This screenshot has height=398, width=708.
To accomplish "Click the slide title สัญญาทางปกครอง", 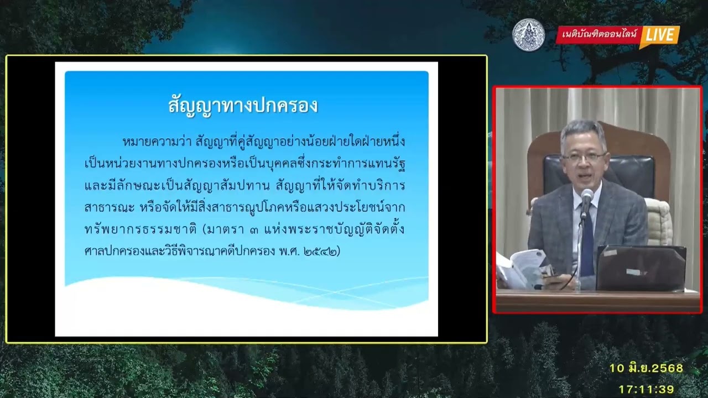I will pos(243,106).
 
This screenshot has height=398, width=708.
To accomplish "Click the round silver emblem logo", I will pos(528,35).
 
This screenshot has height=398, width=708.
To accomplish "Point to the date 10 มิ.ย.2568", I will pos(646,368).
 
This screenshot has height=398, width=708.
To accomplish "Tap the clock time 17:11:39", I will pos(646,389).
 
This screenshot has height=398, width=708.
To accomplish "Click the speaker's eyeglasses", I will pos(584,157).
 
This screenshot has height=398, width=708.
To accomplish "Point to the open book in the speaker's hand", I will pos(523,268).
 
